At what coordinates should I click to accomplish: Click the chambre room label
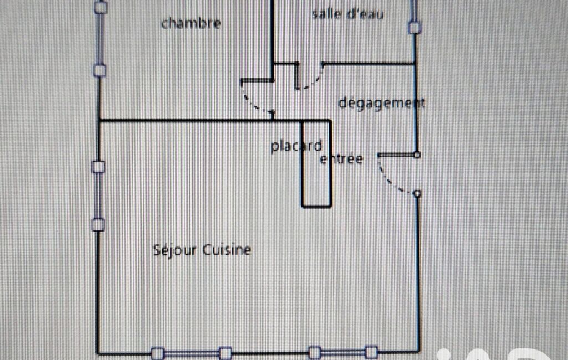click(x=191, y=23)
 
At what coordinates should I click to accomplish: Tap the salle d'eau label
click(x=347, y=14)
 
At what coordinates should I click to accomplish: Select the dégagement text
click(x=381, y=103)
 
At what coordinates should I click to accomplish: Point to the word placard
click(x=296, y=146)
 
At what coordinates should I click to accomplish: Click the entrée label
click(x=341, y=158)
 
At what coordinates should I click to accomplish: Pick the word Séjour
click(x=175, y=250)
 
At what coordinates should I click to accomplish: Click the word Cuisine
click(x=227, y=250)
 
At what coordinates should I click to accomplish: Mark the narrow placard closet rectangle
click(x=316, y=164)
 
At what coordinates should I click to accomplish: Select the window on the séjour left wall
click(x=98, y=196)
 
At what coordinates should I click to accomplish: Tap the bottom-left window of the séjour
click(x=191, y=353)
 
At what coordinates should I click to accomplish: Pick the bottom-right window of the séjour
click(x=343, y=352)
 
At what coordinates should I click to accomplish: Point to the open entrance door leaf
click(x=397, y=155)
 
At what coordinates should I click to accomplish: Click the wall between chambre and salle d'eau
click(x=273, y=40)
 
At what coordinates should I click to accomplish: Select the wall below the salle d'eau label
click(x=368, y=64)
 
